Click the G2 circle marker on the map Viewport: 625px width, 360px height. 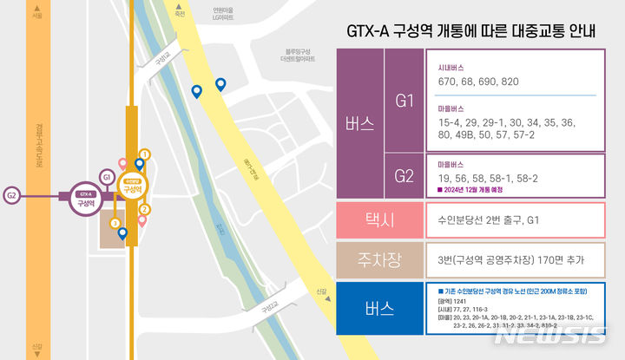(x=12, y=195)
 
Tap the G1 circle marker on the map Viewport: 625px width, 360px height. (x=105, y=177)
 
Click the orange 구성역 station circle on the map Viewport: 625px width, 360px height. (x=133, y=185)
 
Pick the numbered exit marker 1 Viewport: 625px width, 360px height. (x=145, y=154)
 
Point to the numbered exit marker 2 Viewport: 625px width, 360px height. (x=145, y=209)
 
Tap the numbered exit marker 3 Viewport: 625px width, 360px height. (x=115, y=223)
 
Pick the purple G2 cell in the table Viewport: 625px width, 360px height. (x=404, y=175)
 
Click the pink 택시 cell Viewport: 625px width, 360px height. (x=378, y=220)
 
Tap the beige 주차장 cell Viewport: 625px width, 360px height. (x=378, y=260)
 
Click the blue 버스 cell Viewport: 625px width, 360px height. (x=378, y=308)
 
